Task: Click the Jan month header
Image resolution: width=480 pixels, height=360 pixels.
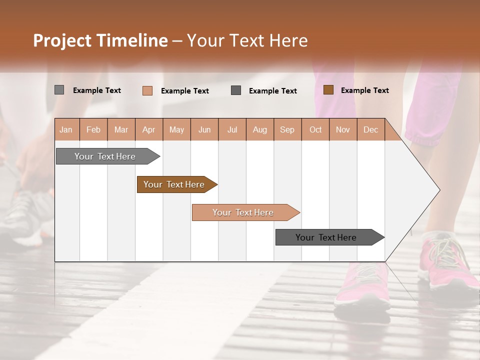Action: [66, 129]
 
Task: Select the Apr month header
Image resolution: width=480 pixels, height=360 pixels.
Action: [149, 129]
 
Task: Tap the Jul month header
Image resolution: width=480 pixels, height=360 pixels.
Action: [232, 129]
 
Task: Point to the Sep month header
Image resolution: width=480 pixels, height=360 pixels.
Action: [287, 129]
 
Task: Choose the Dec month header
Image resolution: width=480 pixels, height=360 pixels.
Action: [370, 129]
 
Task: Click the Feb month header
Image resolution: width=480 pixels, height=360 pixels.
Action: [93, 129]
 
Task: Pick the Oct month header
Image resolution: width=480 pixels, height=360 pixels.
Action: [315, 129]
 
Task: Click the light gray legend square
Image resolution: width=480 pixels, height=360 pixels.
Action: [59, 90]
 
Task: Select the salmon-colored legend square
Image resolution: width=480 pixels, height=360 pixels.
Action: [147, 90]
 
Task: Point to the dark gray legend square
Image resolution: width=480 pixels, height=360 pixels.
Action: [236, 90]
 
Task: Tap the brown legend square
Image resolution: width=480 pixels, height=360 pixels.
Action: [328, 90]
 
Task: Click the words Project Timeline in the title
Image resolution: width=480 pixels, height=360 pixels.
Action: [100, 40]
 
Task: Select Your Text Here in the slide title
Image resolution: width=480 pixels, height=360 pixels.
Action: [247, 40]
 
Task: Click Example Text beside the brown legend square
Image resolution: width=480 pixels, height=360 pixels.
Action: [364, 90]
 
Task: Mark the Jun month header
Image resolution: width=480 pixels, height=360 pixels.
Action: [204, 129]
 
